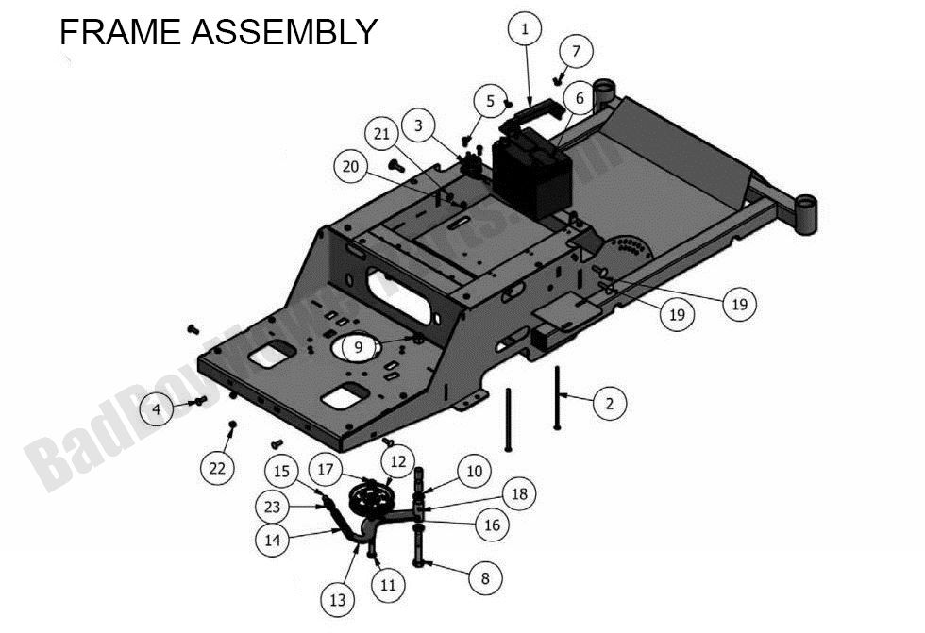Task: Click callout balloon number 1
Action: [x=525, y=29]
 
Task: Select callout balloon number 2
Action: [x=609, y=403]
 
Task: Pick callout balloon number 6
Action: [x=580, y=98]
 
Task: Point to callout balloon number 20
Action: [x=351, y=167]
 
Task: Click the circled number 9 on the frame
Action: [x=358, y=348]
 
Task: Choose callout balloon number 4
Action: [x=157, y=409]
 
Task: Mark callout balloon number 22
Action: [x=218, y=468]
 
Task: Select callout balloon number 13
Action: [x=338, y=599]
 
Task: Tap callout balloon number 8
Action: [x=485, y=578]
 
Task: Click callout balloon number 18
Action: [x=518, y=493]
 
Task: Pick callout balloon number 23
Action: [x=273, y=507]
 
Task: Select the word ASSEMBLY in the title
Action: [x=284, y=32]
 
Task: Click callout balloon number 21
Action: [x=381, y=135]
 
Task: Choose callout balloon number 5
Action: [x=491, y=100]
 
